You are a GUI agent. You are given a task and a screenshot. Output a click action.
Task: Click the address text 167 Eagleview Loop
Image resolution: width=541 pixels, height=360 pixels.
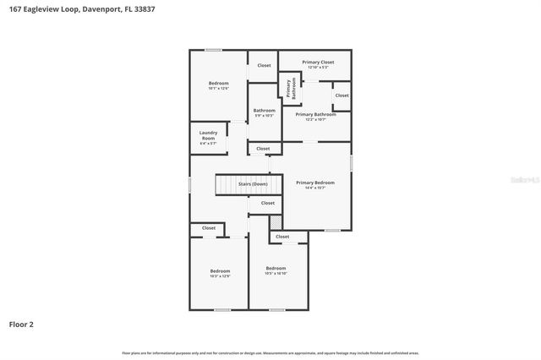click(x=40, y=9)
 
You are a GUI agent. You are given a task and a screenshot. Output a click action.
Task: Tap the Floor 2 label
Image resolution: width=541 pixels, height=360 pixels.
click(x=21, y=324)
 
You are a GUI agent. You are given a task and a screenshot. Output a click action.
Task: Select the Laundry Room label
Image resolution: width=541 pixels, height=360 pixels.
click(x=208, y=135)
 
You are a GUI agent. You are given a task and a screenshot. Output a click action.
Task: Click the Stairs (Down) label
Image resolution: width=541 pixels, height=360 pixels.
click(x=253, y=183)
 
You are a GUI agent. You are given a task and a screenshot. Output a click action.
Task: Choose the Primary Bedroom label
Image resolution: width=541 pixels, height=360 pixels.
click(x=314, y=183)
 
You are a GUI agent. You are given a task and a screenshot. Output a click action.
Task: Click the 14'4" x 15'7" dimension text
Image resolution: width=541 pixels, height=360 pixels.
click(x=314, y=188)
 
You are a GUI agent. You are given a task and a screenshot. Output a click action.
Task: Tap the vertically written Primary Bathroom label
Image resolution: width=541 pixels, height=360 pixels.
click(x=290, y=89)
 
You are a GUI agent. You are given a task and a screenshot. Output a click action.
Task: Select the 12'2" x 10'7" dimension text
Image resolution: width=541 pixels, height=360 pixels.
click(x=315, y=119)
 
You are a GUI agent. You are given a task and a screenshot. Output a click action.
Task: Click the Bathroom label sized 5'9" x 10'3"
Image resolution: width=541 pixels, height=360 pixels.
click(x=264, y=110)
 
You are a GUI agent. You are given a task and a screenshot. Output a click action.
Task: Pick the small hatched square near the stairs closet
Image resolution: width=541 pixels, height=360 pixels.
click(x=275, y=221)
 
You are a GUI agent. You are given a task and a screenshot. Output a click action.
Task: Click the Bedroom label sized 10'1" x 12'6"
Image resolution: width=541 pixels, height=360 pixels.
click(x=218, y=83)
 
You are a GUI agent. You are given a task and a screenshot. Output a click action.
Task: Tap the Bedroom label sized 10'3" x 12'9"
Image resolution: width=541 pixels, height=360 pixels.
click(x=220, y=270)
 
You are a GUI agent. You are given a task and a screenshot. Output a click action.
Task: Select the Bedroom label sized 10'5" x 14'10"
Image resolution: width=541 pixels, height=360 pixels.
click(x=276, y=268)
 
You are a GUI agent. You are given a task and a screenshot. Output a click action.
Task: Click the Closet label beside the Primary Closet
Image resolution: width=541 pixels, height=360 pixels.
click(x=264, y=65)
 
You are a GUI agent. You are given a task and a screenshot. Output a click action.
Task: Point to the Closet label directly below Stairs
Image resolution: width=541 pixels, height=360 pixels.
click(x=267, y=203)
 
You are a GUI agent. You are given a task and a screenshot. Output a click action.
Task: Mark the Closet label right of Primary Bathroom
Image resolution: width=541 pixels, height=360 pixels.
click(x=342, y=95)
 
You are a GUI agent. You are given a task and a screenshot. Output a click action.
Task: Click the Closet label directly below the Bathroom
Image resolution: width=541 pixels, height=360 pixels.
click(x=263, y=149)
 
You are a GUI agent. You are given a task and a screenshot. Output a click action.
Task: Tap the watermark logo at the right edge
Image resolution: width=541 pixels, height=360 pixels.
click(x=525, y=180)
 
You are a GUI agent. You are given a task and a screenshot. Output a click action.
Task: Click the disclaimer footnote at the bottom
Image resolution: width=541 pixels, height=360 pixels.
click(x=270, y=352)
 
